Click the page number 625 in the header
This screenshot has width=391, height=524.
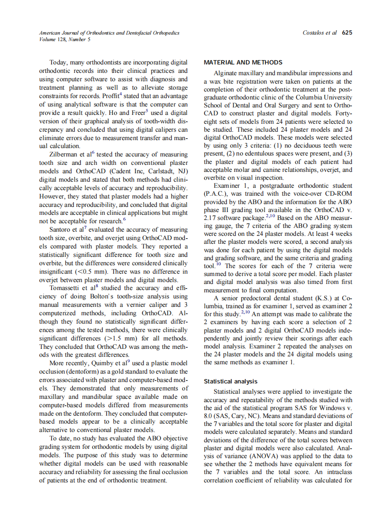pos(347,33)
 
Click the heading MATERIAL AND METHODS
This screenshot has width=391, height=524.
pos(243,63)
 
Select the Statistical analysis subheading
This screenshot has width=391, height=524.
pos(230,382)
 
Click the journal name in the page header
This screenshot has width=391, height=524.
pos(109,33)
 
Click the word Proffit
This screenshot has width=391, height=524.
pos(112,96)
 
